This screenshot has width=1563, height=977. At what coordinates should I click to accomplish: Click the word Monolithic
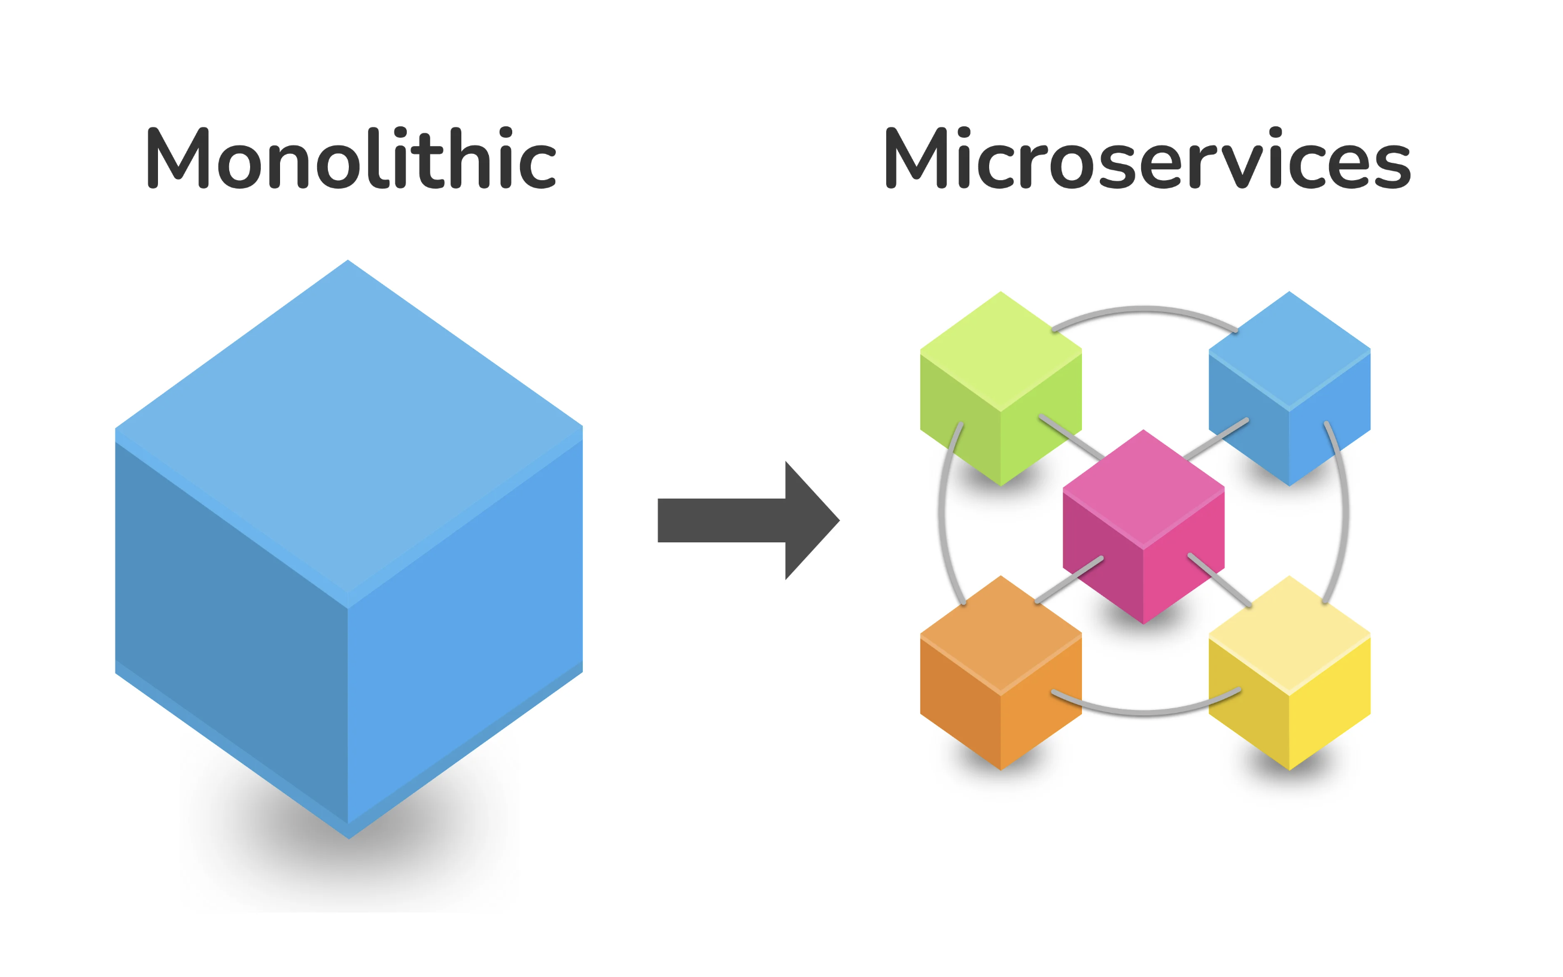[x=351, y=158]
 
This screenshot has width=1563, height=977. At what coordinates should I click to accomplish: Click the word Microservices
[x=1147, y=158]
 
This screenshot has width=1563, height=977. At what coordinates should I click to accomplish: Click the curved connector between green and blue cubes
[x=1145, y=311]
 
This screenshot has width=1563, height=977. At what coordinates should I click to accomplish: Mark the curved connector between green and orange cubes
[x=943, y=514]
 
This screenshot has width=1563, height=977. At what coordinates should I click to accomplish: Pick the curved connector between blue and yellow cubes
[x=1345, y=514]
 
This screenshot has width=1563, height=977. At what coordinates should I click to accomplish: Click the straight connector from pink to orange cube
[x=1069, y=579]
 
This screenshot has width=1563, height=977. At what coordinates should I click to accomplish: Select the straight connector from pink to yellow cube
[x=1220, y=579]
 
